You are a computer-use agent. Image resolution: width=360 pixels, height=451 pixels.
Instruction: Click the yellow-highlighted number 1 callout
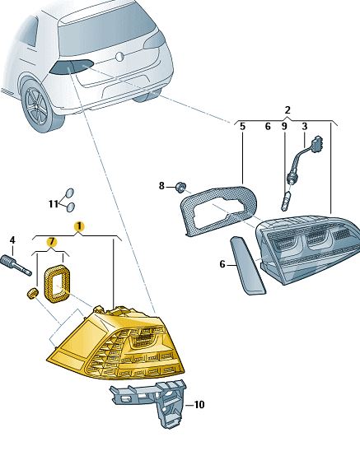(x=79, y=226)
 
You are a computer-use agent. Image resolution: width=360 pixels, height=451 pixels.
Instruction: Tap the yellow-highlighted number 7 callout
(x=52, y=242)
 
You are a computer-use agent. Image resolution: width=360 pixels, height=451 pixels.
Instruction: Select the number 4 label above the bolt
(x=12, y=240)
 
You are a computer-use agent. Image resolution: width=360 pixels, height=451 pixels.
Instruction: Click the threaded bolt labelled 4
(x=16, y=265)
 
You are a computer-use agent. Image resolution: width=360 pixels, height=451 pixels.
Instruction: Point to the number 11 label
(x=54, y=204)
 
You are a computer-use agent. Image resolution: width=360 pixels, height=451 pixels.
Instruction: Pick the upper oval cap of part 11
(x=70, y=193)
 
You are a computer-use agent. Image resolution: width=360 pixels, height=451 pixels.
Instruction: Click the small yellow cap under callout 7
(x=32, y=294)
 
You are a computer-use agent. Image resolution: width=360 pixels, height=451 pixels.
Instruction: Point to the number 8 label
(x=161, y=186)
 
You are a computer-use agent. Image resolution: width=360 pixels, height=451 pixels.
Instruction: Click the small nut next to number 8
(x=180, y=187)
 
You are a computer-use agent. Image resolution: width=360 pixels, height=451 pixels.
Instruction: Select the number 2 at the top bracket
(x=288, y=110)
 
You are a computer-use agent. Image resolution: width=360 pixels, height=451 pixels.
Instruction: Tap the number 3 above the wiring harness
(x=305, y=126)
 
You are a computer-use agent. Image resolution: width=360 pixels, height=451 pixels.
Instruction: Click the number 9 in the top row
(x=284, y=126)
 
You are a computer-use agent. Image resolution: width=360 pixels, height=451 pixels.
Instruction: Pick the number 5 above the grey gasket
(x=242, y=126)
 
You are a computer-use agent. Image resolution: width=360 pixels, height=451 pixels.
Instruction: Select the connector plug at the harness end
(x=317, y=142)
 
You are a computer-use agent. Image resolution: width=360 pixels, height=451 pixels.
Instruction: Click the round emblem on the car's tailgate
(x=119, y=57)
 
